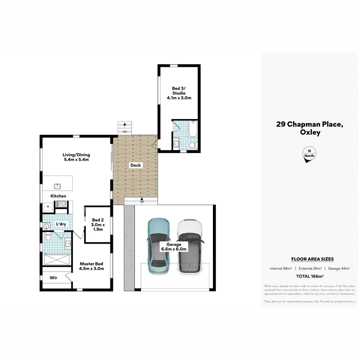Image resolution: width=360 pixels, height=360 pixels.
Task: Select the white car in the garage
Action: coord(189,247)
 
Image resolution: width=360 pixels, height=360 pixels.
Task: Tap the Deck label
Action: coord(135,165)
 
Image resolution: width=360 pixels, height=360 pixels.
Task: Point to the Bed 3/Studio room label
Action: coord(179,93)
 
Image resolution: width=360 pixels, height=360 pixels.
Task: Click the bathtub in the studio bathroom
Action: coord(193,129)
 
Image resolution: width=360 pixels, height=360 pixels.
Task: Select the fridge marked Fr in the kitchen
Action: coord(48,207)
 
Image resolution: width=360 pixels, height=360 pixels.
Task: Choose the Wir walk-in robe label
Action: coord(53,277)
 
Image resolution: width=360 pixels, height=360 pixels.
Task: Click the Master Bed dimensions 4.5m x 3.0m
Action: coord(92,268)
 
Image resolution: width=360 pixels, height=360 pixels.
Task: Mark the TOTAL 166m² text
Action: coord(310,276)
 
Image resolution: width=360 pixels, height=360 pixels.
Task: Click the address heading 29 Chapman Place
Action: coord(310,124)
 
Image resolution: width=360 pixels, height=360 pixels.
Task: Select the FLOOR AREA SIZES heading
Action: coord(312,259)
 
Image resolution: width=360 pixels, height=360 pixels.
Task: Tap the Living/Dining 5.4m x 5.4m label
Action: coord(76,157)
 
